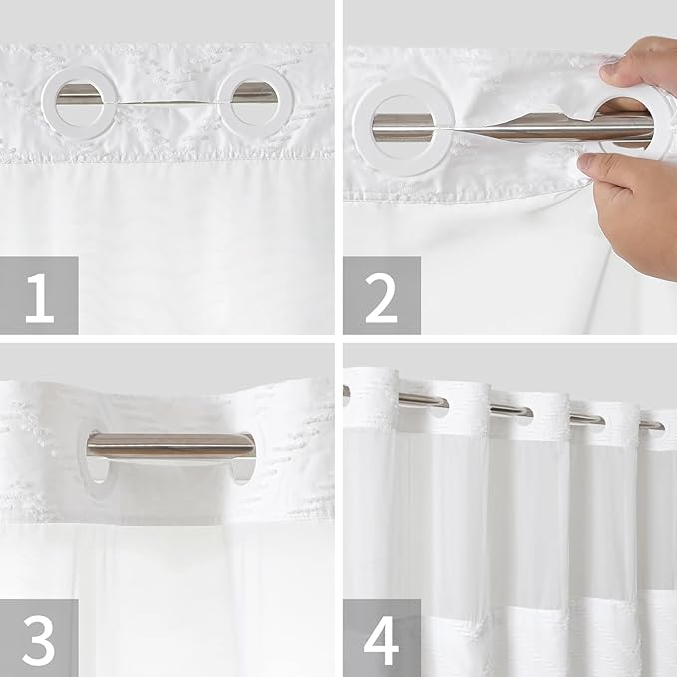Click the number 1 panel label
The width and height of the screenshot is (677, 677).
tap(39, 295)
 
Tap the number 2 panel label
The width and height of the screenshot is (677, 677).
tap(382, 295)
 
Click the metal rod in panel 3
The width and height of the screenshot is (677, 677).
tap(169, 446)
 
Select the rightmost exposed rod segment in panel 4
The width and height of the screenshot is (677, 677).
tap(650, 424)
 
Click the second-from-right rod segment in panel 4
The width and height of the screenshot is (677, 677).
tap(587, 419)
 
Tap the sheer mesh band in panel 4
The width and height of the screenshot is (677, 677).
tap(508, 499)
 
